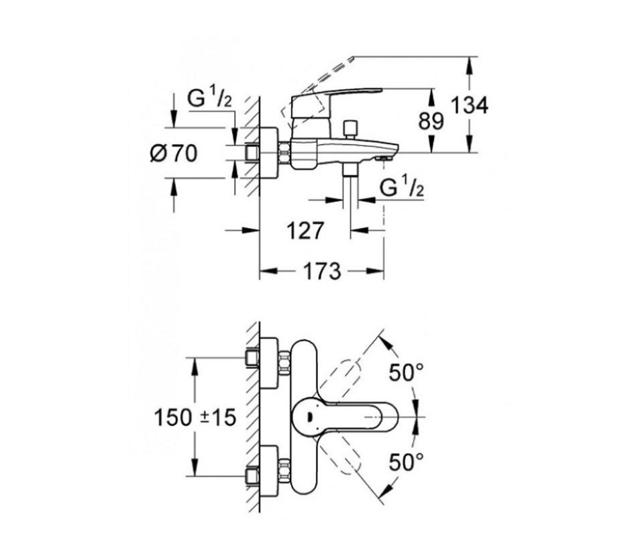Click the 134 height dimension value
[x=470, y=105]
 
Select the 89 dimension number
[x=431, y=121]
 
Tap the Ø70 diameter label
[x=174, y=154]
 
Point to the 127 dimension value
[x=305, y=231]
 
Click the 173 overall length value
[x=321, y=272]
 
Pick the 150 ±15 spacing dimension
[x=195, y=418]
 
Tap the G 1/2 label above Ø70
[x=209, y=99]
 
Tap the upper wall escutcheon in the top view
[x=270, y=363]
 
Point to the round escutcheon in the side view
[x=270, y=154]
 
